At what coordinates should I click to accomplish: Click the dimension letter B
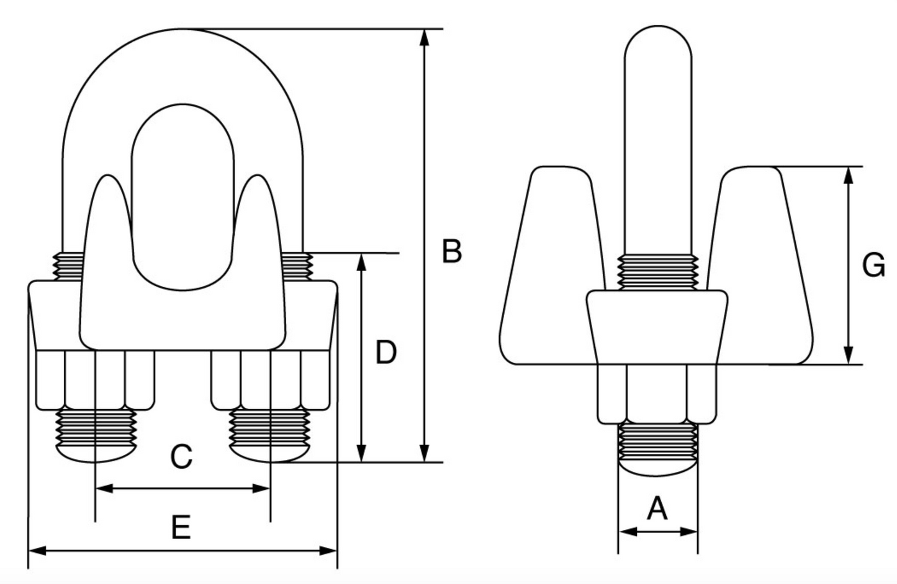(x=452, y=252)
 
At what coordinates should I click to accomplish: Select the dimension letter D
(x=385, y=352)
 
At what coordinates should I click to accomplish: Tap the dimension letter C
(x=181, y=458)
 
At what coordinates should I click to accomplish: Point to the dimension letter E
(x=181, y=528)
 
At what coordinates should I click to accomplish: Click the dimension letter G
(x=873, y=266)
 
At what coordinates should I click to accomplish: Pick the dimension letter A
(x=657, y=509)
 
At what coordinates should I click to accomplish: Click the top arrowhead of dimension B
(x=425, y=37)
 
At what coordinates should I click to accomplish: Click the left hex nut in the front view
(x=95, y=379)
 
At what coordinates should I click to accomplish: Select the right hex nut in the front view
(x=271, y=379)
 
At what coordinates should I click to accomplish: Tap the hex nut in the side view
(x=657, y=394)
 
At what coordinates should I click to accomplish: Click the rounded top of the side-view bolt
(x=657, y=43)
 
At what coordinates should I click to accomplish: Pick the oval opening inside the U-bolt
(x=183, y=198)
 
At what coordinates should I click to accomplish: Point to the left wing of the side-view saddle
(x=549, y=267)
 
